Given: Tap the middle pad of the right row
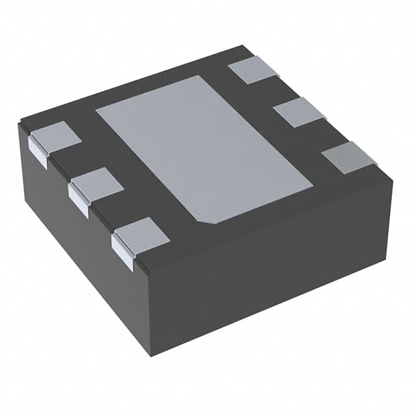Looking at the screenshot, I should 298,112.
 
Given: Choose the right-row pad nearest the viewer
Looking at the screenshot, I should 349,158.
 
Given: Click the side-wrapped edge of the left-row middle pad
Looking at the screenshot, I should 77,198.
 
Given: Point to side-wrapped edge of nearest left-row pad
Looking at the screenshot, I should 122,252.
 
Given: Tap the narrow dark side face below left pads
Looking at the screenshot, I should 78,260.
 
